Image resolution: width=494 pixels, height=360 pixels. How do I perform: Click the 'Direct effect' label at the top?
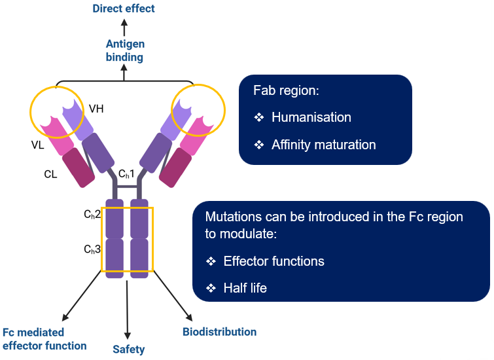point(124,9)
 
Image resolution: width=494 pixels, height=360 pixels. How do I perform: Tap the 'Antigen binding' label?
point(125,51)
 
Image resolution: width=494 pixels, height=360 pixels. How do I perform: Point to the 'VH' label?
point(96,109)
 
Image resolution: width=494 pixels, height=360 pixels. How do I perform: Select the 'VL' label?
point(37,145)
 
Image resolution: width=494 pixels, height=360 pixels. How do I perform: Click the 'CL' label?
point(52,175)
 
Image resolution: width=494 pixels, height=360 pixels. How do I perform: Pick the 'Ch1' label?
point(126,174)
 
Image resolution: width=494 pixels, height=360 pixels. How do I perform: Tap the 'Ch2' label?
point(92,214)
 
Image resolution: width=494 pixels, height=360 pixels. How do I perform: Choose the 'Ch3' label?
point(92,249)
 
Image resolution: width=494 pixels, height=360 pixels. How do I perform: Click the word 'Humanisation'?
point(311,118)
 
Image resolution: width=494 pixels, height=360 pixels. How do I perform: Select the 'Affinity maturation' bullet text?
point(324,145)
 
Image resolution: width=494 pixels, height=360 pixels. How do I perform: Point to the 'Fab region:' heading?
point(285,90)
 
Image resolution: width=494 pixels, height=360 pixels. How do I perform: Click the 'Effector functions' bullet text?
point(273,261)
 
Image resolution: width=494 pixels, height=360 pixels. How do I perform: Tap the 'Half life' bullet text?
point(245,287)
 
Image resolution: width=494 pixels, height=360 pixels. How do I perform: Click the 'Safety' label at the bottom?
point(128,349)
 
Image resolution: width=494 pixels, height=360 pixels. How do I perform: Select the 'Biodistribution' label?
point(219,332)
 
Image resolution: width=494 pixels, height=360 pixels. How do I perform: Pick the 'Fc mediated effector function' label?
point(44,339)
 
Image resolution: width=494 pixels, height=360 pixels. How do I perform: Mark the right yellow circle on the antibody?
point(198,108)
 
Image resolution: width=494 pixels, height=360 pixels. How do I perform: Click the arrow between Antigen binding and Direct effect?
point(124,27)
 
